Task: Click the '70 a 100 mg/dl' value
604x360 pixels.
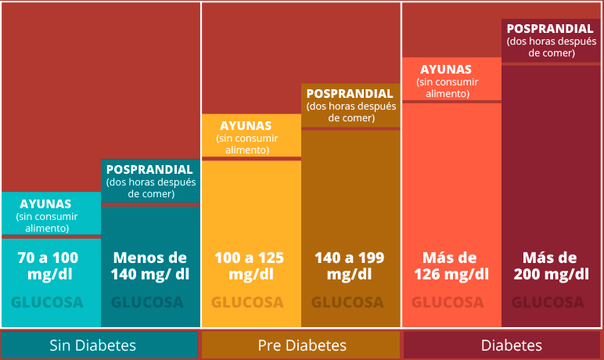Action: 49,265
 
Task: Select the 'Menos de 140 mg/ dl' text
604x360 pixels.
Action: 150,265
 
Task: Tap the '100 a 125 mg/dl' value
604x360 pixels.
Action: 250,265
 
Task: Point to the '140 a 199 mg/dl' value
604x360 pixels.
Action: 350,265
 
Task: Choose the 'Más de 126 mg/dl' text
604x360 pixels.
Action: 451,265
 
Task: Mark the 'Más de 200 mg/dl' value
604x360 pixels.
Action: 552,265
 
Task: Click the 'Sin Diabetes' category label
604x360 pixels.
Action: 93,345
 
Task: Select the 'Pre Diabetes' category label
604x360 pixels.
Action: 302,345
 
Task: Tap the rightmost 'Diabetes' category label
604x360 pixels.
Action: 512,345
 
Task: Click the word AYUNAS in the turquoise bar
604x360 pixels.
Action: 45,204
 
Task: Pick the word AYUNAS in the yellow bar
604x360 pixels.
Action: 246,126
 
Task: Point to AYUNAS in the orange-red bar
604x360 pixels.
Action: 446,70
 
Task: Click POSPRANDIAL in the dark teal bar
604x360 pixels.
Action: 149,170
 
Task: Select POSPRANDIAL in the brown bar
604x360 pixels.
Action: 350,94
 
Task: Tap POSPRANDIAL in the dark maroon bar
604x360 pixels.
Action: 550,28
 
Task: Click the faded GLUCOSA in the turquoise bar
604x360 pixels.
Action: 47,303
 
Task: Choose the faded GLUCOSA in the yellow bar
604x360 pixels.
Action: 247,303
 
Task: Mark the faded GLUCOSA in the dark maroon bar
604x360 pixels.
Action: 548,303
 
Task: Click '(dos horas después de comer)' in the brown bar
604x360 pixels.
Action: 351,112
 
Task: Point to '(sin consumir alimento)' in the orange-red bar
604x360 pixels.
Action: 448,88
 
